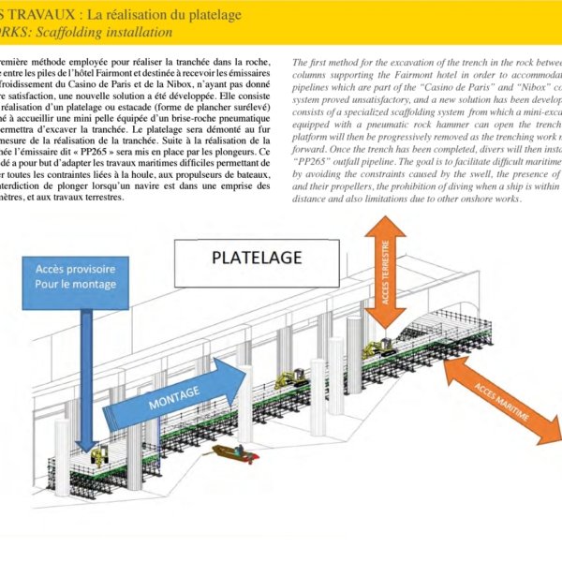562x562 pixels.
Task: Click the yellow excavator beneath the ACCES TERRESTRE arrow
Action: click(378, 348)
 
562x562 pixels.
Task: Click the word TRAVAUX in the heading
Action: click(37, 15)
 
